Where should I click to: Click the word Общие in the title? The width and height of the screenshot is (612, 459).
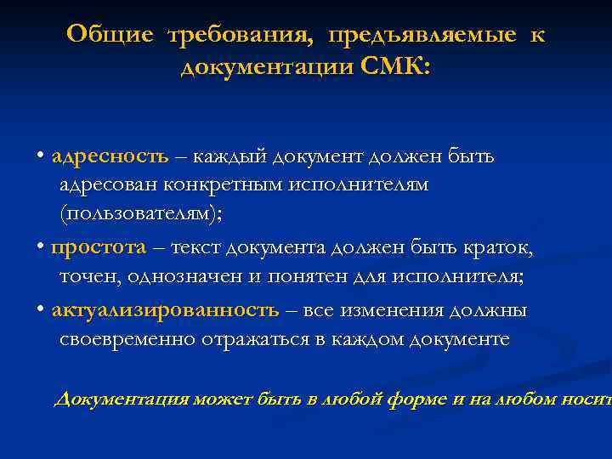click(x=110, y=35)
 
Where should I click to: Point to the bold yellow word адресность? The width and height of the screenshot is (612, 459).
click(x=110, y=156)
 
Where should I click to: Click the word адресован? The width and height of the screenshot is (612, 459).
click(x=107, y=184)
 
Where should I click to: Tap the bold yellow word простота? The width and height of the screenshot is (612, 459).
click(x=99, y=247)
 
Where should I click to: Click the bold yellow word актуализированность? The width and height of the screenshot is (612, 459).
click(x=165, y=310)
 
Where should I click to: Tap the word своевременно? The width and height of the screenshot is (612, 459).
click(x=127, y=339)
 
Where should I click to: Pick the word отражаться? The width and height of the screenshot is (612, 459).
click(x=258, y=339)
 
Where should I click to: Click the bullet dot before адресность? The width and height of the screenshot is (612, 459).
click(x=41, y=157)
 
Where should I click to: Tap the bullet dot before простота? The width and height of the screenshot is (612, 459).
click(x=41, y=248)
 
